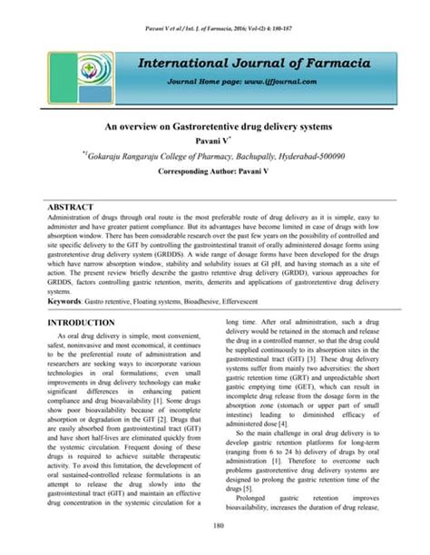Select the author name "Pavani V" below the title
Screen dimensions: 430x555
click(214, 141)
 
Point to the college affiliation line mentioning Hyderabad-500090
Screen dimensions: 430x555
click(216, 156)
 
